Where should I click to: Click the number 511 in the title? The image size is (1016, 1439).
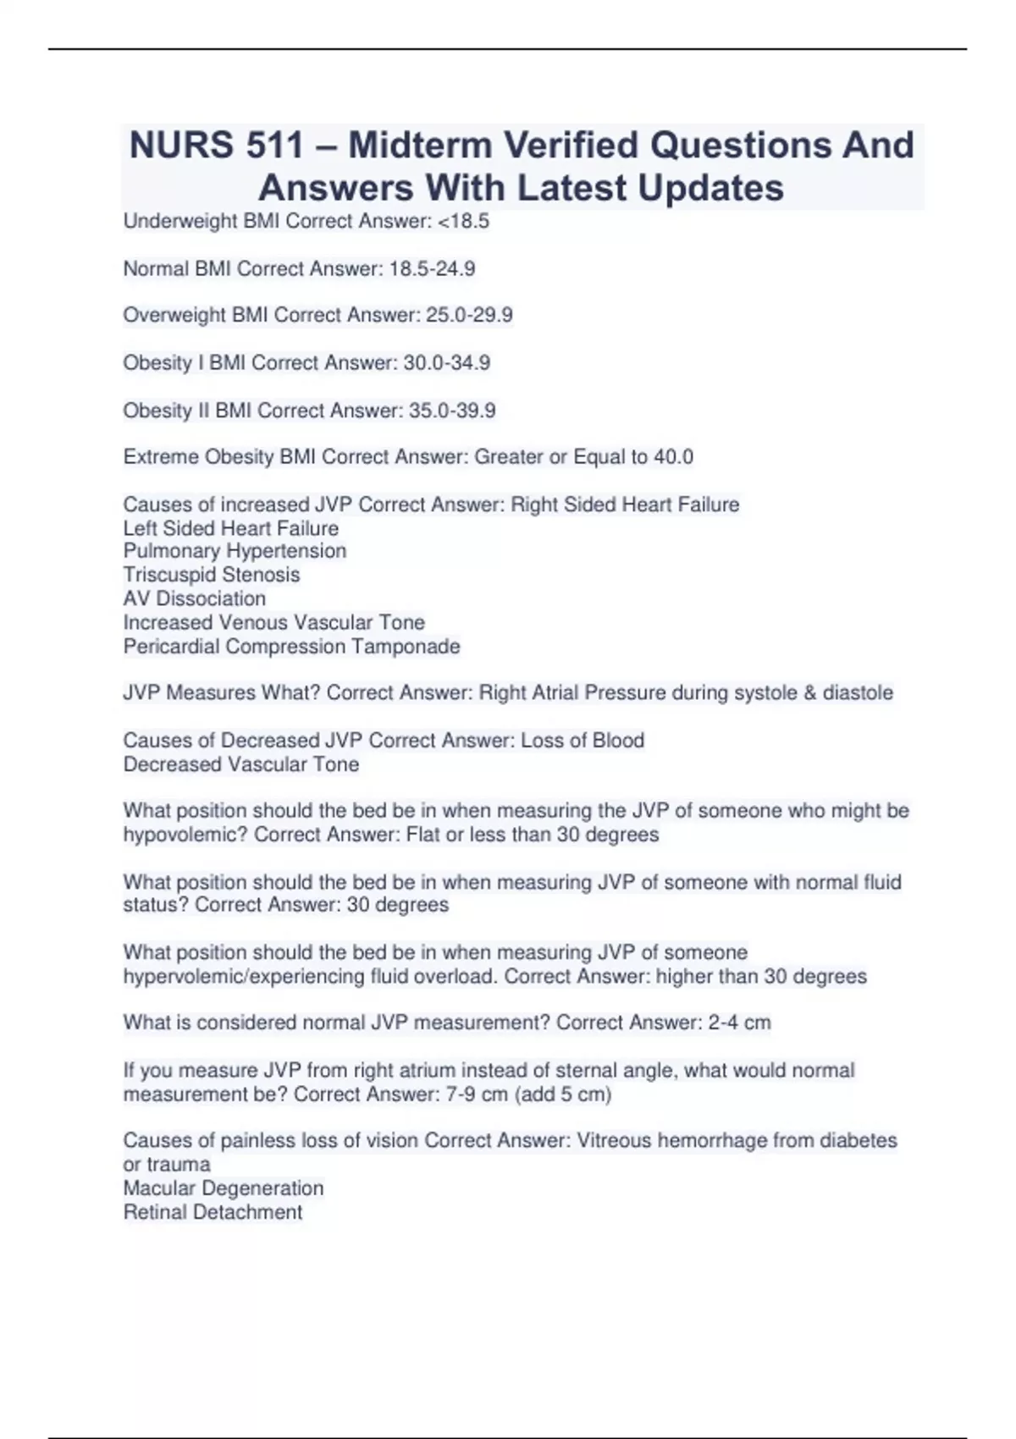pyautogui.click(x=275, y=146)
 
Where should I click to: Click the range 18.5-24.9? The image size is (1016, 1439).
pyautogui.click(x=432, y=269)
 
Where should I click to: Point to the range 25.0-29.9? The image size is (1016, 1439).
pyautogui.click(x=469, y=316)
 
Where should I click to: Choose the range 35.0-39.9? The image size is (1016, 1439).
pyautogui.click(x=452, y=411)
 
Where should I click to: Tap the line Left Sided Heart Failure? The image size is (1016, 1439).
pyautogui.click(x=231, y=529)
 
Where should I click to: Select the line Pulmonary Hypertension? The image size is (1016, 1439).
pyautogui.click(x=235, y=551)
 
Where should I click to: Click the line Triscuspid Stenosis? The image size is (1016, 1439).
pyautogui.click(x=212, y=575)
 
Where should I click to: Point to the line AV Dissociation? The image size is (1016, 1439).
pyautogui.click(x=195, y=598)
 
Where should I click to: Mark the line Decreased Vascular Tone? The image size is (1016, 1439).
pyautogui.click(x=241, y=764)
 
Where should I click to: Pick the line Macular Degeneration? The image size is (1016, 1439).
pyautogui.click(x=224, y=1188)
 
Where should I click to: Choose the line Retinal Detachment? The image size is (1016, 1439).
pyautogui.click(x=213, y=1212)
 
